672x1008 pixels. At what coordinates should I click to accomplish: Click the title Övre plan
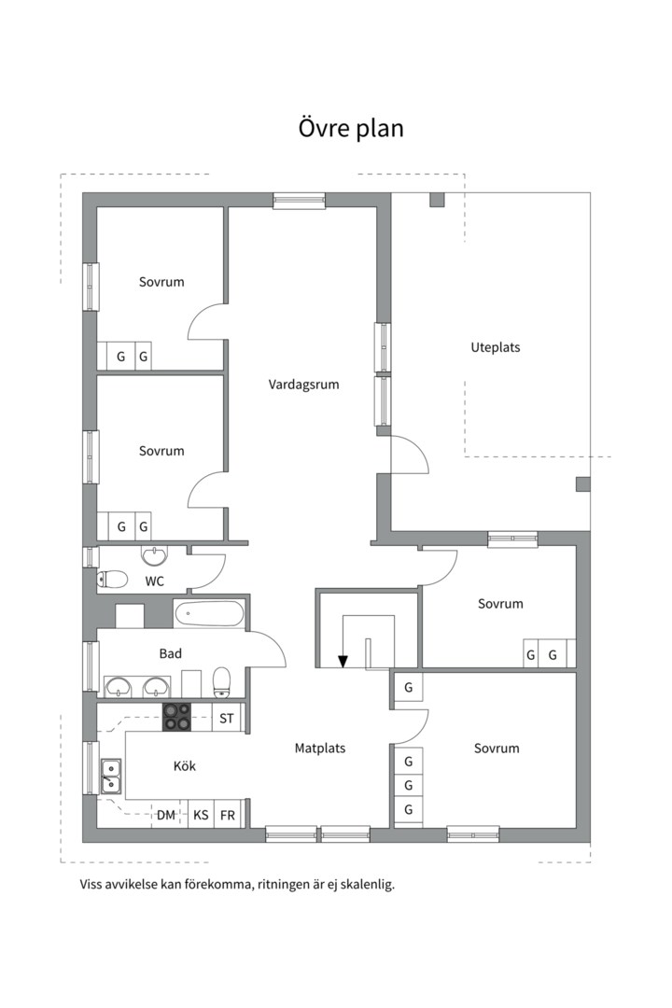tap(351, 128)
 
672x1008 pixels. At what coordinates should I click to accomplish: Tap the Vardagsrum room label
tap(303, 385)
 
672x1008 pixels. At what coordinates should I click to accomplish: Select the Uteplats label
tap(496, 347)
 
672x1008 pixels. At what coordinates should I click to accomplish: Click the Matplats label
tap(320, 748)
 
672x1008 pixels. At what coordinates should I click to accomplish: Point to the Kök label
tap(185, 765)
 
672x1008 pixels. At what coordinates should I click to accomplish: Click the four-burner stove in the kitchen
tap(176, 717)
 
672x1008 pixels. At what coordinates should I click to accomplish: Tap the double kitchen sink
tap(111, 776)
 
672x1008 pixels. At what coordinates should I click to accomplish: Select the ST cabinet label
tap(227, 718)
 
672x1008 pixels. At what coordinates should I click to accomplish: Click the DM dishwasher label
tap(166, 815)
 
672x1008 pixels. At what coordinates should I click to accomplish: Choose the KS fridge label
tap(201, 815)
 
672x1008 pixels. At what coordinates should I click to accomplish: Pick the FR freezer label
tap(228, 815)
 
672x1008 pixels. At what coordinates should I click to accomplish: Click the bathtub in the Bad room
tap(209, 614)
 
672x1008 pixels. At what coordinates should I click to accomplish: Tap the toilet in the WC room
tap(112, 580)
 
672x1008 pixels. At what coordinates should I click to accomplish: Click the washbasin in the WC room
tap(154, 556)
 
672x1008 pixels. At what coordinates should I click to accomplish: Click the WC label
tap(154, 581)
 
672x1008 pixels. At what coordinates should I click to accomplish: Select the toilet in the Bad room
tap(221, 681)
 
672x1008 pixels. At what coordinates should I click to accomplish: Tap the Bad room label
tap(171, 653)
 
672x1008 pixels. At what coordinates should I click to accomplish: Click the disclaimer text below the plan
tap(237, 884)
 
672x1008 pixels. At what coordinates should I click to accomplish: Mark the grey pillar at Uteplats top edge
tap(437, 200)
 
